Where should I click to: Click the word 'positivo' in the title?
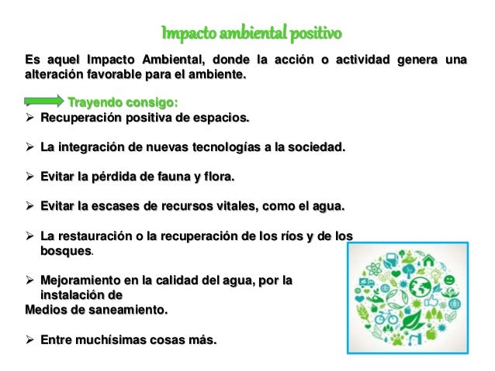coord(314,34)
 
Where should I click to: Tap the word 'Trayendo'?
coord(94,102)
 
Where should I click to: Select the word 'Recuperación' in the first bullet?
coord(81,119)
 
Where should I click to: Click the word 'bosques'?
coord(66,251)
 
